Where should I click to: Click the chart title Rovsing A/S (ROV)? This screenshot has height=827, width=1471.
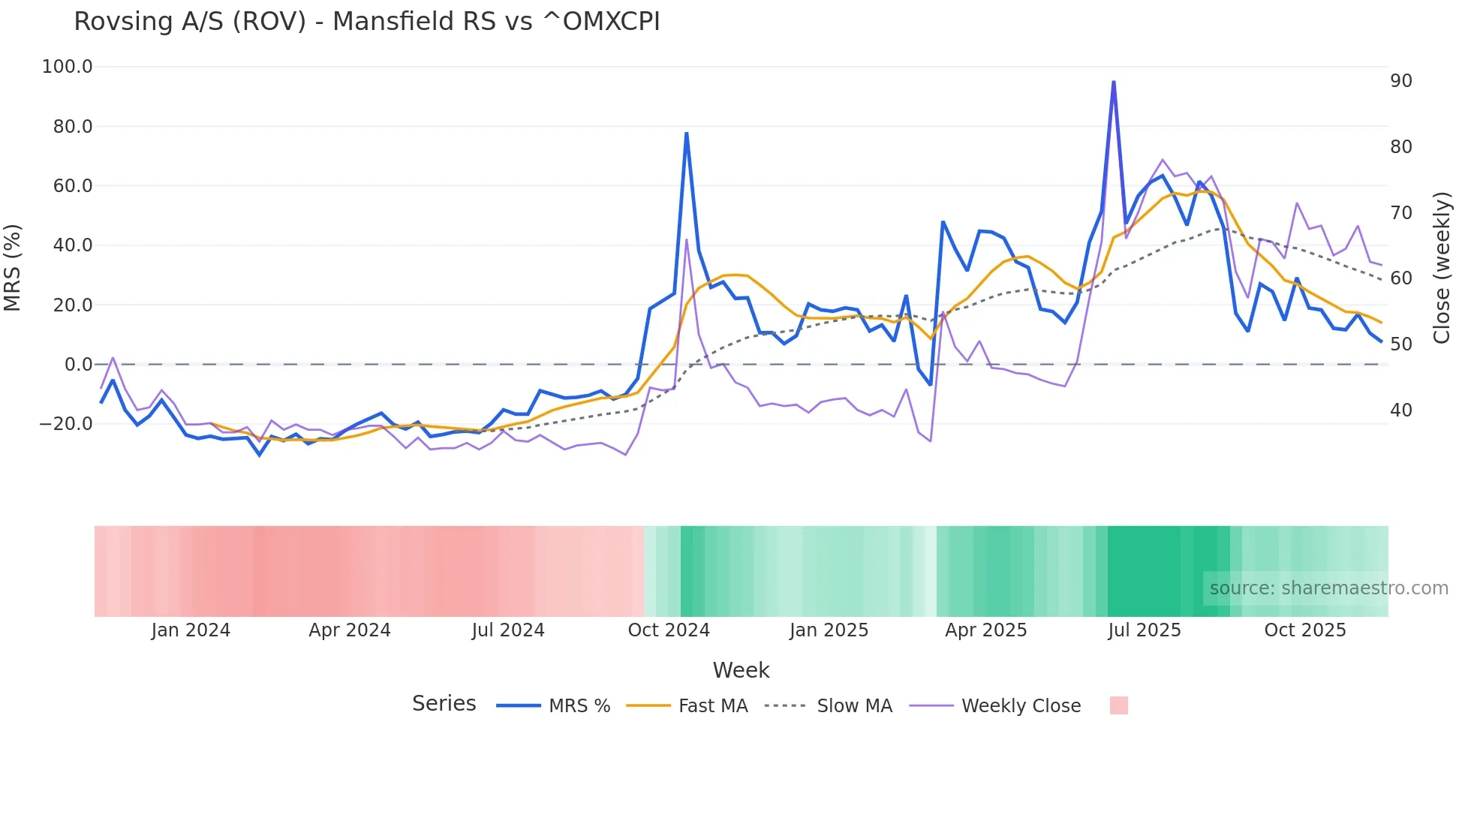point(366,22)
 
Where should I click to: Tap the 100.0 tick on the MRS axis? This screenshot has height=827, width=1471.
point(68,67)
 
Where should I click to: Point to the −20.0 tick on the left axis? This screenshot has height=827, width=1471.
point(66,424)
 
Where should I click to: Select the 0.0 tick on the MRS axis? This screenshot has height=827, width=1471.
point(78,365)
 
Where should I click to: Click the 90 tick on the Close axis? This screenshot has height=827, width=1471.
point(1401,81)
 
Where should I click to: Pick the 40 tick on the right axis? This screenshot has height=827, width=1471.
point(1401,410)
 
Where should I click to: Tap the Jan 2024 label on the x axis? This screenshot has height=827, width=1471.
point(191,630)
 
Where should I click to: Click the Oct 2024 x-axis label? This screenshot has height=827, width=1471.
point(669,630)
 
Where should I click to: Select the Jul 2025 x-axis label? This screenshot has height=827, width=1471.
point(1145,630)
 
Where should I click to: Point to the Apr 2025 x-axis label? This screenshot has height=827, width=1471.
point(985,630)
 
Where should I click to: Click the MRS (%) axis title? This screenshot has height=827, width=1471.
point(13,267)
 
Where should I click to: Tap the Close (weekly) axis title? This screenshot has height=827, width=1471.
point(1442,267)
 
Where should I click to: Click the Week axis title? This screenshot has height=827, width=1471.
point(741,670)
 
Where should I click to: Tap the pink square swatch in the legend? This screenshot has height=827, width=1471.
point(1118,705)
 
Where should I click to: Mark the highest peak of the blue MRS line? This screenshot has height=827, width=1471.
point(1114,82)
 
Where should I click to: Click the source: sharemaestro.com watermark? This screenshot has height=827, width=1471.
point(1328,588)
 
